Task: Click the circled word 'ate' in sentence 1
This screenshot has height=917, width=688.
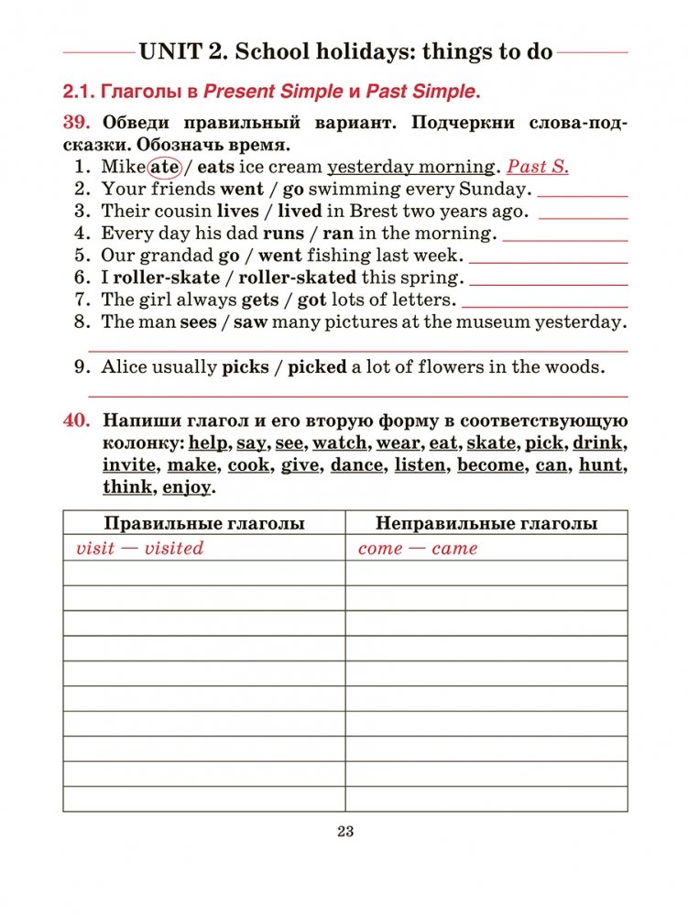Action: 165,167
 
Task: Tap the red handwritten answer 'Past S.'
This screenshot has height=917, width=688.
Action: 538,167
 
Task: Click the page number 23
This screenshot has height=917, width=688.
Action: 344,832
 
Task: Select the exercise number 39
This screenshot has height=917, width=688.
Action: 76,123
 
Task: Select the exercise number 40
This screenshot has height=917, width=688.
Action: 76,421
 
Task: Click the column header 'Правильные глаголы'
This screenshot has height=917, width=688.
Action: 204,524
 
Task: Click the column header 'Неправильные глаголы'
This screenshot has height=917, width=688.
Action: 486,524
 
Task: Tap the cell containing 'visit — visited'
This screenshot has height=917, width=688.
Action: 139,548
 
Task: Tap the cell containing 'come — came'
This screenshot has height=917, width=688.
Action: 418,548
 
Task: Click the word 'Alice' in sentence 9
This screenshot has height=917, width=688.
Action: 125,367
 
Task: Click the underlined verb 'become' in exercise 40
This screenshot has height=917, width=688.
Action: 491,465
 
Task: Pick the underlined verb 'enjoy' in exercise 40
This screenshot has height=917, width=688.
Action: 186,487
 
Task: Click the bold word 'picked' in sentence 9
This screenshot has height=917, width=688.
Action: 317,367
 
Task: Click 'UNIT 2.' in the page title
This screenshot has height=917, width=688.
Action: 183,51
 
